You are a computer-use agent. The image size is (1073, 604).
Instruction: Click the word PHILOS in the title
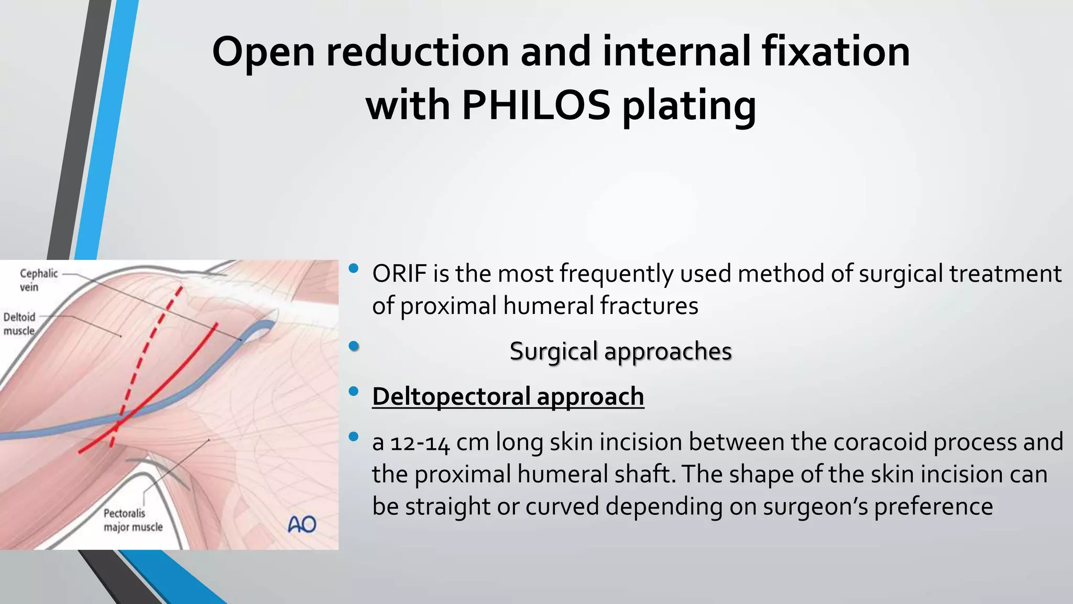point(535,105)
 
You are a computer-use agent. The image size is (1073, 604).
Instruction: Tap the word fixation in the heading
point(835,51)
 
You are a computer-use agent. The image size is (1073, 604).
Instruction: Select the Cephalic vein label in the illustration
point(38,280)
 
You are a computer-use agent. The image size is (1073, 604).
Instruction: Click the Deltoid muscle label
point(19,323)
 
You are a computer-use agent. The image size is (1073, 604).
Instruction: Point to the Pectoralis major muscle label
point(133,520)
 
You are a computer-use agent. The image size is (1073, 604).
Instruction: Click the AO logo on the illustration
point(302,524)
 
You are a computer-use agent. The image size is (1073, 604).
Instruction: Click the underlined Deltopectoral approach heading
point(508,396)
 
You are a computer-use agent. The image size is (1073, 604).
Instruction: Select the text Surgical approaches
point(620,351)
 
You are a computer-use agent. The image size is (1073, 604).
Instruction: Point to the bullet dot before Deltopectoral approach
point(353,391)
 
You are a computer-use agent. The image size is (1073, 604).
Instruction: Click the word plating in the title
point(689,105)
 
